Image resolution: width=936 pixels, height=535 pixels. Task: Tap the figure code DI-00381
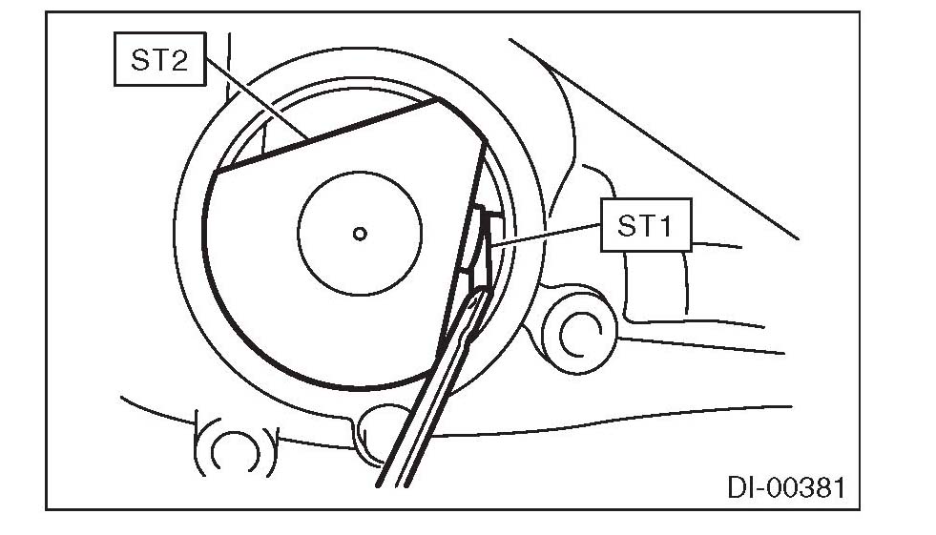tap(785, 488)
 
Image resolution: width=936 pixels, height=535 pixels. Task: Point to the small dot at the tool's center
tap(359, 232)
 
